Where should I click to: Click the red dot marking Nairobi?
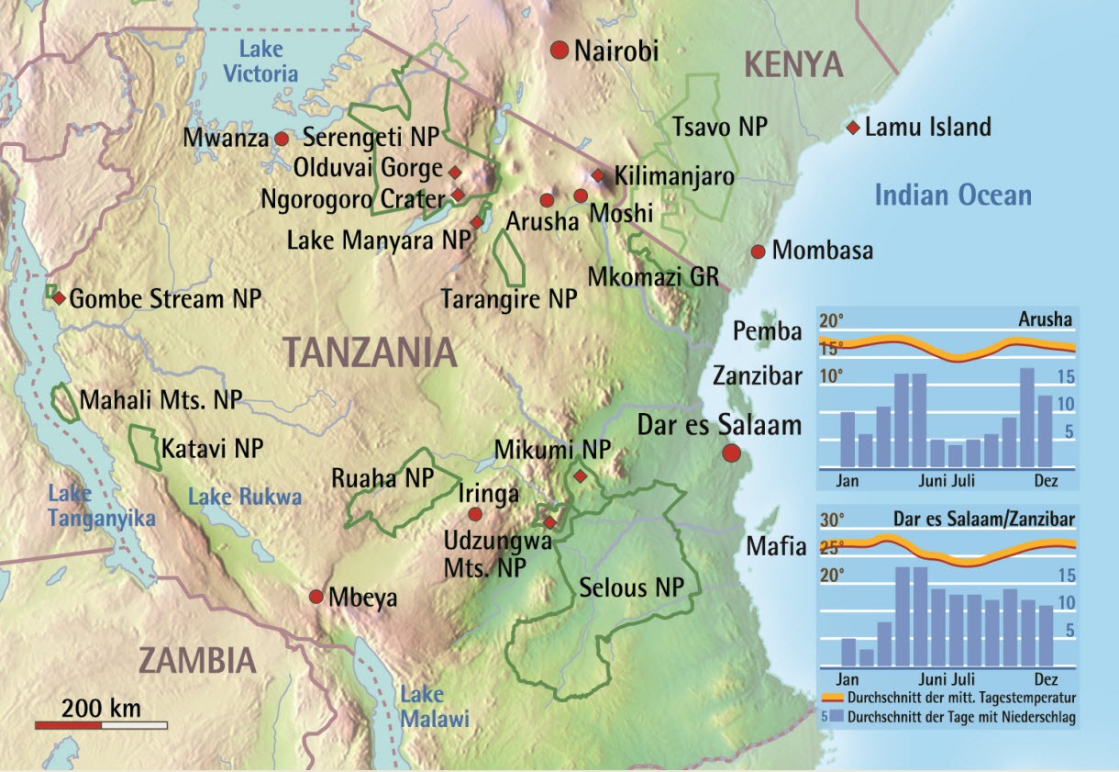point(559,50)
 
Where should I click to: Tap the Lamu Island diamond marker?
point(853,127)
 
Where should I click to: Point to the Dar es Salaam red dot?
point(731,453)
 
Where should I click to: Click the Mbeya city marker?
point(316,597)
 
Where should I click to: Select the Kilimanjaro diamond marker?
point(597,174)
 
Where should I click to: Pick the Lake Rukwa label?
point(244,498)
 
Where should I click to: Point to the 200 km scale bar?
point(101,725)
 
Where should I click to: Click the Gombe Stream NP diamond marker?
point(58,298)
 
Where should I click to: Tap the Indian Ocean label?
point(952,195)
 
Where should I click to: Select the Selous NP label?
point(632,588)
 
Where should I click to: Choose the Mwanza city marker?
point(282,139)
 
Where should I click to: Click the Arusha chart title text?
point(1045,320)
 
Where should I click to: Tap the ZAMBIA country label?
point(196,661)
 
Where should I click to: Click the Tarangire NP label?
point(508,299)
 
